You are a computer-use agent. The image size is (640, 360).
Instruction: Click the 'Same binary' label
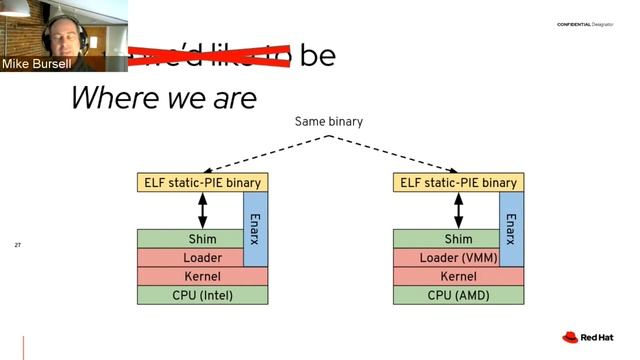tap(328, 122)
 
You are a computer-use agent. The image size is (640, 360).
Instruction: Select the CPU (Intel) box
tap(202, 295)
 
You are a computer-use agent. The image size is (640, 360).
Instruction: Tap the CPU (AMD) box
tap(458, 295)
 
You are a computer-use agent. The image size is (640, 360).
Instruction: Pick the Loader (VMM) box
tap(445, 258)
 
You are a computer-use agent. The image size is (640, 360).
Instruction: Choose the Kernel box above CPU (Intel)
tap(202, 276)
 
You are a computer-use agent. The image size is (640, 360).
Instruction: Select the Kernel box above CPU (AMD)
tap(458, 276)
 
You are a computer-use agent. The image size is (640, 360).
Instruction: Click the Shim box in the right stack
tap(445, 239)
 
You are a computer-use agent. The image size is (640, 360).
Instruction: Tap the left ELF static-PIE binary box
tap(203, 183)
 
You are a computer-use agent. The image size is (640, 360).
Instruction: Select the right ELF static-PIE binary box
tap(459, 183)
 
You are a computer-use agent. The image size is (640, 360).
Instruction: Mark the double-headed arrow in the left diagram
tap(203, 211)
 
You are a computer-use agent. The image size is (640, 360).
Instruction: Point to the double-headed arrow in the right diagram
tap(459, 211)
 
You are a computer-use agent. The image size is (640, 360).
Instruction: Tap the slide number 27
tap(17, 245)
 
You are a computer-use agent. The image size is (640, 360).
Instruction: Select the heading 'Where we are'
tap(163, 98)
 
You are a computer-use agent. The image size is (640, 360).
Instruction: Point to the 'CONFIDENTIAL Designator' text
tap(586, 25)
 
